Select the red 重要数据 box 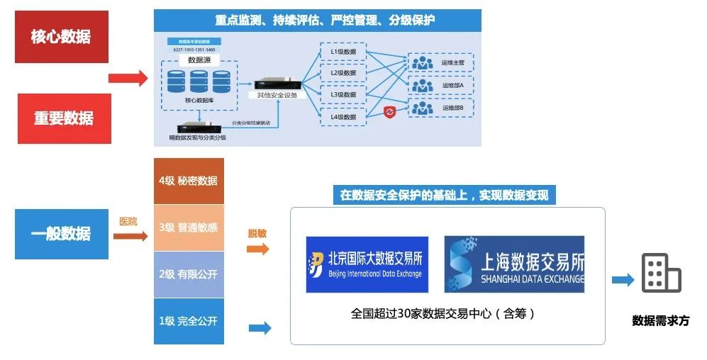64,118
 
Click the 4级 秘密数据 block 189,181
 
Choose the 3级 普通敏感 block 189,227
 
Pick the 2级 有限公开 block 189,274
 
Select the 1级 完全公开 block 189,321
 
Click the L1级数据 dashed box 343,52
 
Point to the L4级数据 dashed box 343,116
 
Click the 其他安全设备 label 277,95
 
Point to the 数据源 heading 200,60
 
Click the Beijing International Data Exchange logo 367,264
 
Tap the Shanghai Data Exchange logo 514,264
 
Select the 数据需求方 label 660,320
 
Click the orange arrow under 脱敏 258,249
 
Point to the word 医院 128,222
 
